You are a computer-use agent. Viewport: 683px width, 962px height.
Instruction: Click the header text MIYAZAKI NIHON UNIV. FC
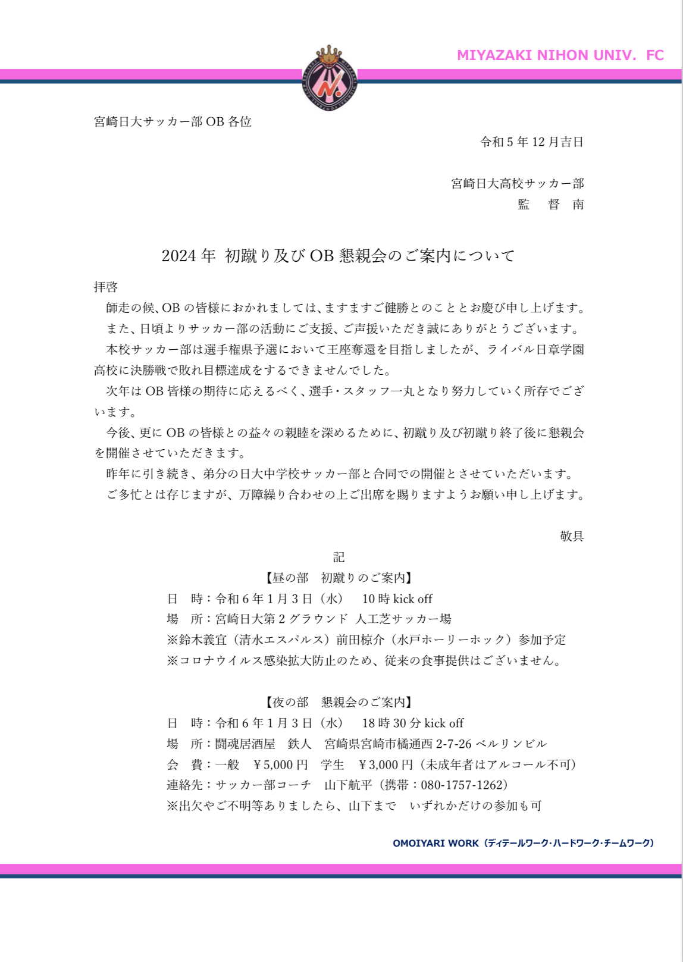(x=560, y=55)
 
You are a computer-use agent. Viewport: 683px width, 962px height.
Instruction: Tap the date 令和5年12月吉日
(x=531, y=142)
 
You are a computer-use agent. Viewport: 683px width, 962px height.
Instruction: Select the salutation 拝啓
(x=106, y=287)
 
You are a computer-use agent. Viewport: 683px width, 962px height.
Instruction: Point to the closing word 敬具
(x=571, y=536)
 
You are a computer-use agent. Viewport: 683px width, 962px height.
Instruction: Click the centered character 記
(x=339, y=557)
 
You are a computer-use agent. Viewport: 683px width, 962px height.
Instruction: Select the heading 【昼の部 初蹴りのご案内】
(x=339, y=578)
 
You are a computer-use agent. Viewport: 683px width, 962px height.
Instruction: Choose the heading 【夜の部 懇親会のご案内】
(x=339, y=702)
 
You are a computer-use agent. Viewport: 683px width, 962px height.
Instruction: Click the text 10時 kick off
(x=397, y=598)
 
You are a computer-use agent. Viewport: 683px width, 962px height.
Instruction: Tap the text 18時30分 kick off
(x=412, y=723)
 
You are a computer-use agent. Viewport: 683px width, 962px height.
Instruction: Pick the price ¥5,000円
(x=280, y=764)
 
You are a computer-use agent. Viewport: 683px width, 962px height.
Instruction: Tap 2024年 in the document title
(x=188, y=256)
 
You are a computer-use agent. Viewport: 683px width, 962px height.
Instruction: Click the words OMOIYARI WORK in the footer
(x=436, y=843)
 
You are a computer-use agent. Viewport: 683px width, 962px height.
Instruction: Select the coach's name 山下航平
(x=348, y=785)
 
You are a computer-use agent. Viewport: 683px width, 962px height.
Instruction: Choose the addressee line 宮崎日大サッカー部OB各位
(x=173, y=121)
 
